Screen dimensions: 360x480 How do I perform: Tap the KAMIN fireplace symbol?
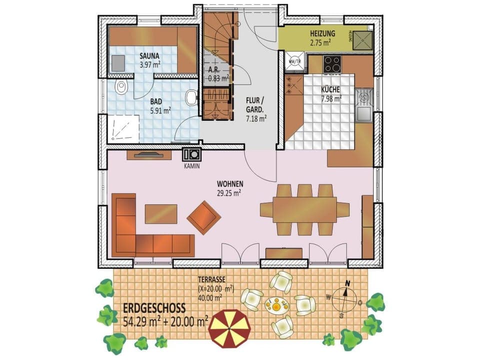click(x=191, y=154)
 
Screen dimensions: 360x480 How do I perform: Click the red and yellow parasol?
click(x=229, y=328)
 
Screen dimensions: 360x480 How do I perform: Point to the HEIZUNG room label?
click(x=322, y=33)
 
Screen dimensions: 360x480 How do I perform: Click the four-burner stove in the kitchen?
click(x=332, y=63)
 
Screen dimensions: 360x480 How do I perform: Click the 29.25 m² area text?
click(x=230, y=192)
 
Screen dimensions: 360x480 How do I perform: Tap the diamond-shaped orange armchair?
click(x=204, y=217)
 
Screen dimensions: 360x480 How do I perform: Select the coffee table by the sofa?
click(x=160, y=214)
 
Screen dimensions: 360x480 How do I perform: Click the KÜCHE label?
click(x=330, y=89)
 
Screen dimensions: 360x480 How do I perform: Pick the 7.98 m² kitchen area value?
click(x=330, y=98)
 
